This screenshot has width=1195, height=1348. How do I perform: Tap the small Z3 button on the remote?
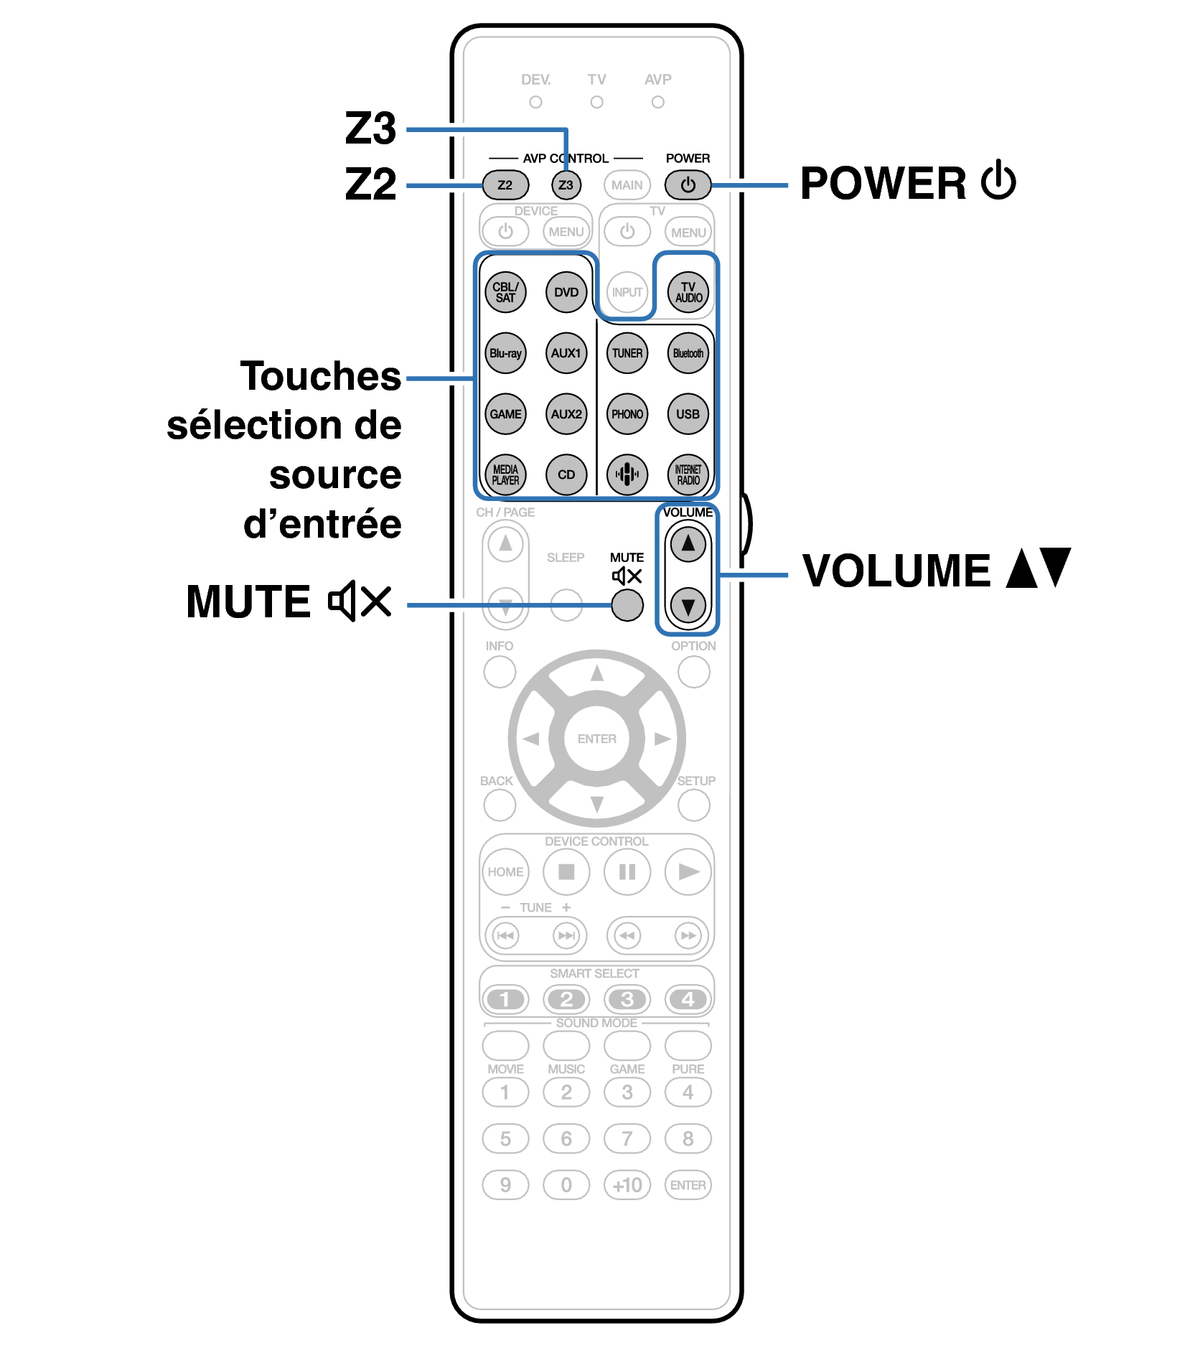coord(566,185)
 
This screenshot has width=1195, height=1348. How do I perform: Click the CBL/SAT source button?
coord(505,292)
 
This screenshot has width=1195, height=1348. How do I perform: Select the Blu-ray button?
coord(505,353)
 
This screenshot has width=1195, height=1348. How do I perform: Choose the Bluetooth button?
coord(688,353)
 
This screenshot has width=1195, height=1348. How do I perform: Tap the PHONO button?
coord(627,414)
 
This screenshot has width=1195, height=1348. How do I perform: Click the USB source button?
coord(688,414)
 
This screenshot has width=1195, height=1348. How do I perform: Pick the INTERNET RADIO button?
coord(688,474)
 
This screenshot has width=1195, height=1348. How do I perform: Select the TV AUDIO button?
coord(688,292)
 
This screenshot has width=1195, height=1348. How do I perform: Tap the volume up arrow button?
coord(688,544)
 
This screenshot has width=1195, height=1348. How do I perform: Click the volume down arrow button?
coord(688,606)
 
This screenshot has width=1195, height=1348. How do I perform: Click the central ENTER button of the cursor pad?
coord(596,739)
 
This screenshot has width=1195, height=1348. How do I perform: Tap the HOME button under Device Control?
coord(505,872)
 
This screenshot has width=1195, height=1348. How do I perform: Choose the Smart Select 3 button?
coord(627,999)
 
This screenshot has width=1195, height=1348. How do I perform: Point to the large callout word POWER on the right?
coord(883,184)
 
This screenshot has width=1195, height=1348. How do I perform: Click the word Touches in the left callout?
coord(321,376)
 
